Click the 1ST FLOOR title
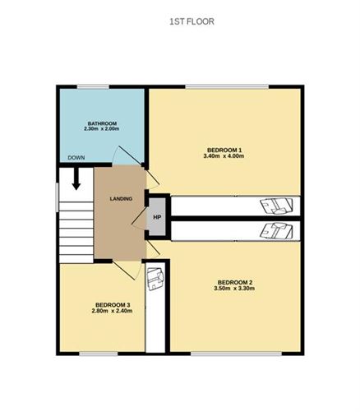pos(191,22)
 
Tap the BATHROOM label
pos(101,123)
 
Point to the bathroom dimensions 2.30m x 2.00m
pos(101,129)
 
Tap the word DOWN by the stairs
pos(76,157)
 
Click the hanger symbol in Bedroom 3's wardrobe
pos(154,280)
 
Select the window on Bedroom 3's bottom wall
pos(100,354)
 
